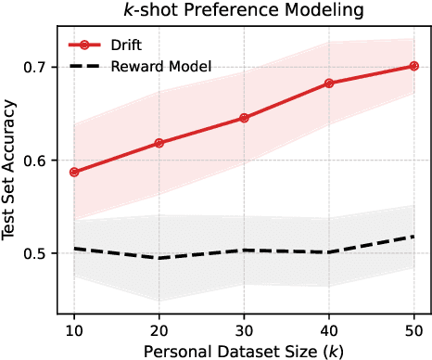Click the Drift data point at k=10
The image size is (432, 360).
tap(73, 172)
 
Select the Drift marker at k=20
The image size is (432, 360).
tap(159, 143)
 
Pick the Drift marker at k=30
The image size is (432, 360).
tap(244, 118)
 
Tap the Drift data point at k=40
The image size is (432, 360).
tap(329, 84)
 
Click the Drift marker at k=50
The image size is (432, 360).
tap(414, 66)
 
